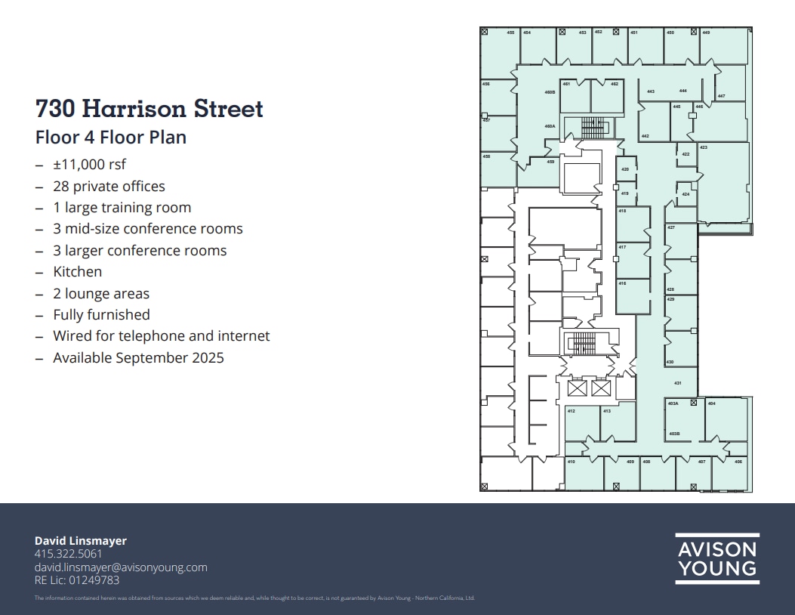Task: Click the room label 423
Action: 704,147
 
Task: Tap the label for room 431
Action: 678,383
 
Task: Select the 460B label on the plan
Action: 550,92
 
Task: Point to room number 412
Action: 572,411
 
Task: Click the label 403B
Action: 674,434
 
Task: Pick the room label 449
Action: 706,32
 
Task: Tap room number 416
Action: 622,283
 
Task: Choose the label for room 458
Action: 486,156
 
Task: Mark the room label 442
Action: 645,136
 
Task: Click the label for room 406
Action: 738,462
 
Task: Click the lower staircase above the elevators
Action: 581,344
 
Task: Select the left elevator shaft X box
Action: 577,388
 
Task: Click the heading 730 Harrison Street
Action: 149,108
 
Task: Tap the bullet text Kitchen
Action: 77,271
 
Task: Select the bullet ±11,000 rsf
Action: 89,164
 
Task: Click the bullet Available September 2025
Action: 138,357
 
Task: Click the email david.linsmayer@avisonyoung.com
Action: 121,567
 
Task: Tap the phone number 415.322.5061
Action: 68,554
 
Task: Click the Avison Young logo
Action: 716,558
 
